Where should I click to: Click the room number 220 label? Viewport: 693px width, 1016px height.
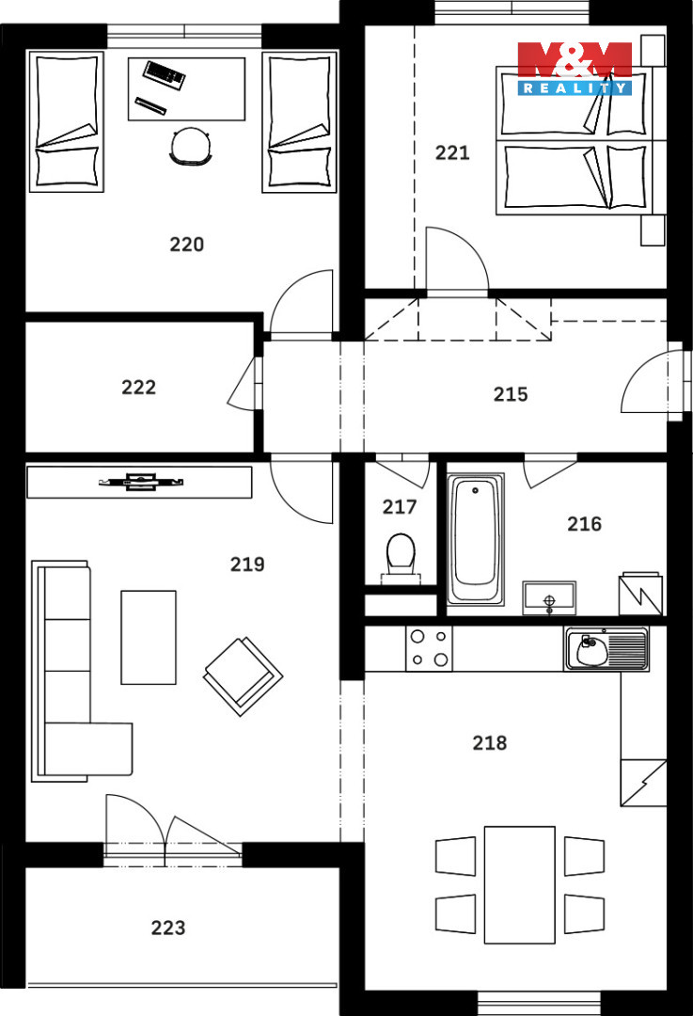point(186,245)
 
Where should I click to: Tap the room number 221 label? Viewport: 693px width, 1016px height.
point(452,153)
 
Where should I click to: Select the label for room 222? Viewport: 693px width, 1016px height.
point(138,388)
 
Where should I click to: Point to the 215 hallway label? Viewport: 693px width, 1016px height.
point(511,394)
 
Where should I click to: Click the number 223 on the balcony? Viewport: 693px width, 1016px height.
point(167,928)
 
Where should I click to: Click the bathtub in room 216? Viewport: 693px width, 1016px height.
point(476,539)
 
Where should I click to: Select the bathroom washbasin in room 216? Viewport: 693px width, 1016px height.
point(549,597)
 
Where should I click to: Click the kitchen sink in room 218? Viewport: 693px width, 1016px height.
point(606,648)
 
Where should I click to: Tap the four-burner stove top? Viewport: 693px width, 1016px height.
point(430,648)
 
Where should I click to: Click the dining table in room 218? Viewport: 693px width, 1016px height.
point(519,884)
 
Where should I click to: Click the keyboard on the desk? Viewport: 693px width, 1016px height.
point(165,74)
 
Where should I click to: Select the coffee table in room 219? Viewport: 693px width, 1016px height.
point(149,637)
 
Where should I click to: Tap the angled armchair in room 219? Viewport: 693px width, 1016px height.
point(243,676)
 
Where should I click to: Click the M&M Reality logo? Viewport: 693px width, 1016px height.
point(575,69)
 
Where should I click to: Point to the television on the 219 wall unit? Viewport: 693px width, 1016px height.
point(141,482)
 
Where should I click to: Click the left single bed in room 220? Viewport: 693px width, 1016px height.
point(67,121)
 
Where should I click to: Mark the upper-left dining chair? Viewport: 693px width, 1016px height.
point(456,856)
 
